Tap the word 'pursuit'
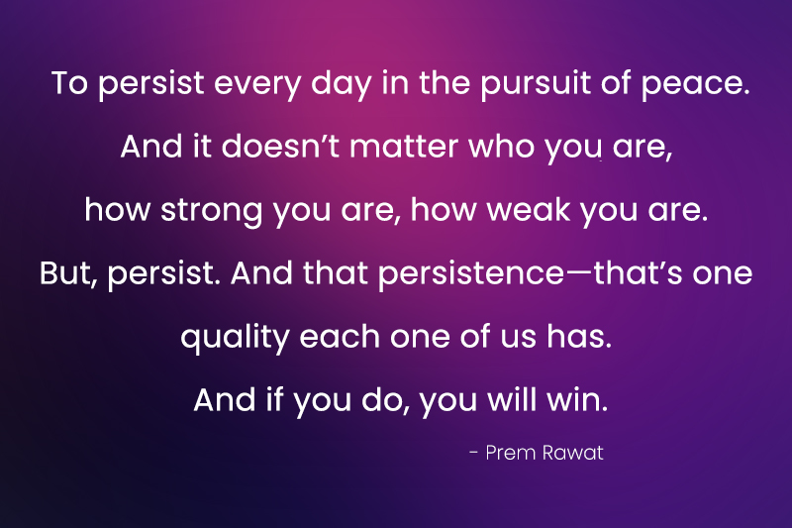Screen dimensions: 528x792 (528, 83)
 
